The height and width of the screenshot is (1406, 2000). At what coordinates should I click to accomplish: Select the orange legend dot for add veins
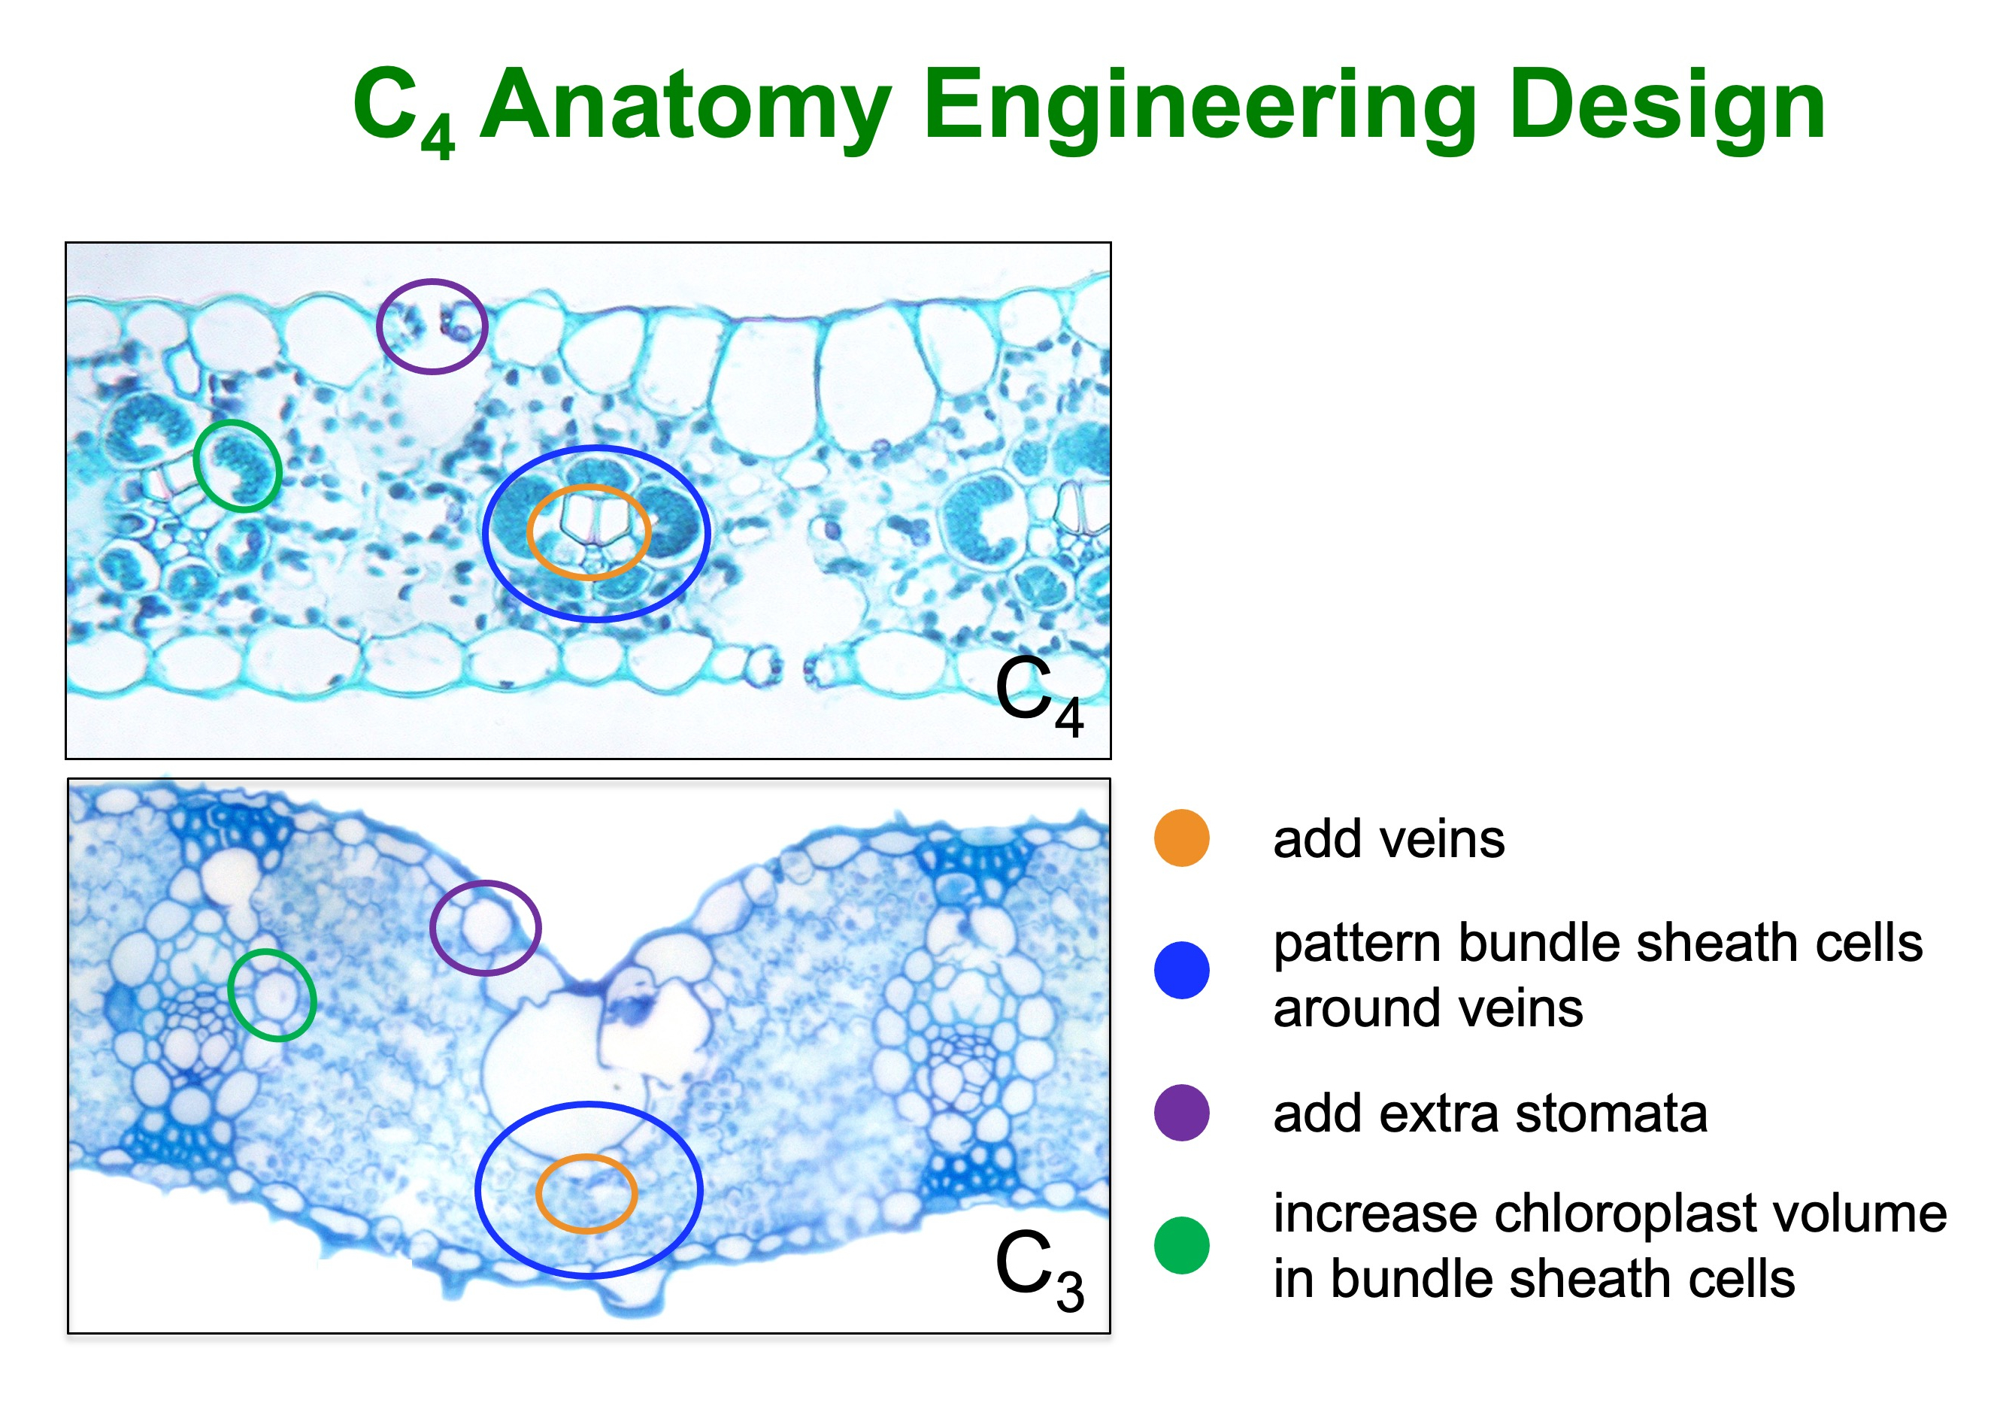[1181, 838]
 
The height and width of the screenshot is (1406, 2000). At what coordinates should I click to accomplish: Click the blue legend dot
[1181, 970]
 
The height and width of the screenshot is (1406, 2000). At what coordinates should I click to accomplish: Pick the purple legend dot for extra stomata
[1181, 1113]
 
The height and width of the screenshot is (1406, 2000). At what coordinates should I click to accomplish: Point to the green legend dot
[1181, 1246]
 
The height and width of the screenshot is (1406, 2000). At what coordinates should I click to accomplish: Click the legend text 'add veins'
[1389, 840]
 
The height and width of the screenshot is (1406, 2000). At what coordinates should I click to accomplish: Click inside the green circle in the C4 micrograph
[237, 466]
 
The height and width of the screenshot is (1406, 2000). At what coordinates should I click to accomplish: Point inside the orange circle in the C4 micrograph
[589, 532]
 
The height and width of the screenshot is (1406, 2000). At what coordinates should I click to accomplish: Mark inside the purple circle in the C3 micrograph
[485, 928]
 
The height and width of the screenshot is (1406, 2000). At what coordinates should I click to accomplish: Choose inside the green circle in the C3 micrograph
[271, 995]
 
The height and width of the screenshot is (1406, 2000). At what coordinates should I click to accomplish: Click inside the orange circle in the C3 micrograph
[586, 1193]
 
